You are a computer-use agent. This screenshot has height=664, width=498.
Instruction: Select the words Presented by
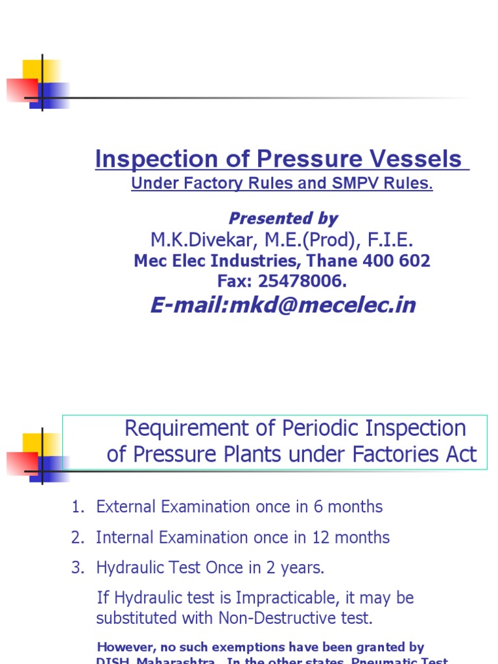[x=283, y=219]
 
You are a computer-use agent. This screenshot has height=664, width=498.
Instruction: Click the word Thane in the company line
[x=335, y=261]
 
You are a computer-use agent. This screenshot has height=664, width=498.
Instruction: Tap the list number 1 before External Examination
[x=77, y=507]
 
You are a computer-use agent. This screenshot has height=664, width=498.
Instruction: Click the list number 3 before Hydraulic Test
[x=77, y=568]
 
